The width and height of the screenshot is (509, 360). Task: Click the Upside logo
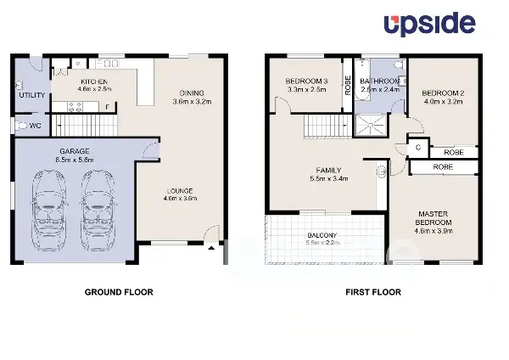tap(431, 25)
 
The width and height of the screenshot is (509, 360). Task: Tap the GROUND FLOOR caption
tap(119, 292)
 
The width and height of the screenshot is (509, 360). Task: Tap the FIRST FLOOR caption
tap(372, 292)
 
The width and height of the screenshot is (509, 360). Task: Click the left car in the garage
tap(48, 208)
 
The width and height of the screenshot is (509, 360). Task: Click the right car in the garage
tap(96, 208)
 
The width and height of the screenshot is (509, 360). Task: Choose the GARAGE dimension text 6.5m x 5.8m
tap(73, 159)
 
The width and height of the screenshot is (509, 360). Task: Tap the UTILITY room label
tap(32, 95)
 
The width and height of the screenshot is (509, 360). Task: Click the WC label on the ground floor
tap(35, 127)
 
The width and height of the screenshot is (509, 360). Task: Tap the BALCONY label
tap(321, 235)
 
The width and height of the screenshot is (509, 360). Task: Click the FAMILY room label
tap(330, 170)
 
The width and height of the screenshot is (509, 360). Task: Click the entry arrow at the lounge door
tap(212, 247)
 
